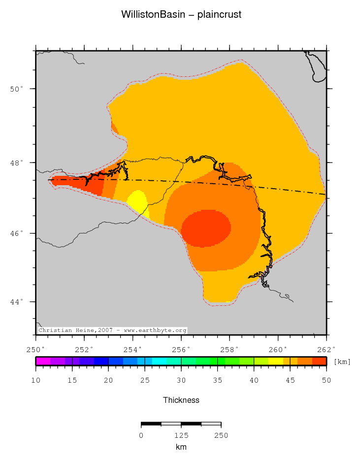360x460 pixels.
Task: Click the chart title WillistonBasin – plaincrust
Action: [181, 15]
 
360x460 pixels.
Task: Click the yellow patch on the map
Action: [137, 202]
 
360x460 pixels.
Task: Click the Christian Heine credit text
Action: [112, 330]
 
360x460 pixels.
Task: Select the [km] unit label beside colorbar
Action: [342, 362]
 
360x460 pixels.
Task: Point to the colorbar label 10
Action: [35, 380]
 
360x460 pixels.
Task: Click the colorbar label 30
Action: [181, 380]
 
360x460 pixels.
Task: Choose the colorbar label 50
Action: [327, 380]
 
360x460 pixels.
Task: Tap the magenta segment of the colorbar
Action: [43, 361]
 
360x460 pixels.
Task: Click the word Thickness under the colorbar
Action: [181, 400]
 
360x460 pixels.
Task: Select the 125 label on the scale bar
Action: [181, 435]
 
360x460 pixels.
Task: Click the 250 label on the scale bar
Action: [221, 435]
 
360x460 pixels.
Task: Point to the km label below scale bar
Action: [181, 447]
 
